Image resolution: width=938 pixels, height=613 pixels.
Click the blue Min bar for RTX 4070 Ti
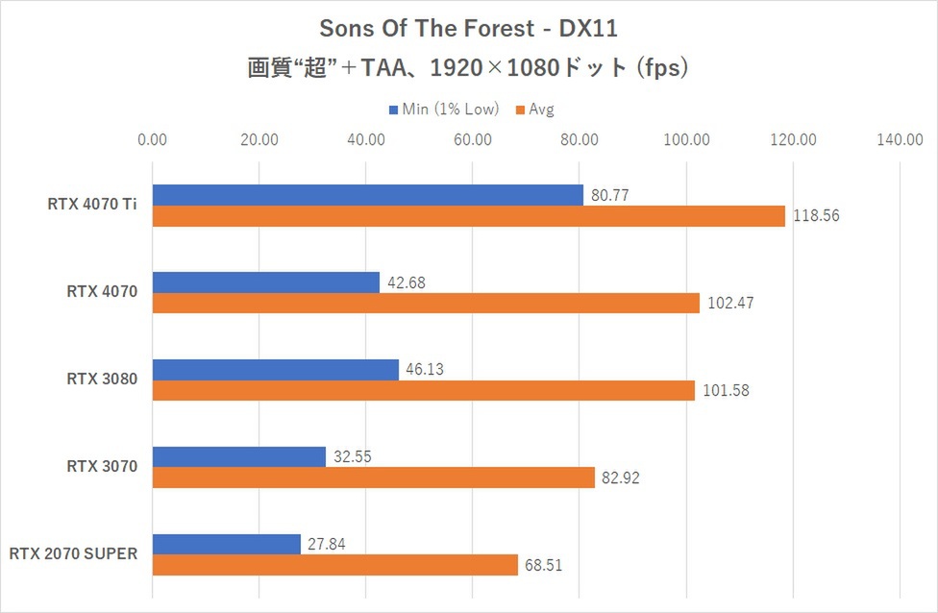click(367, 194)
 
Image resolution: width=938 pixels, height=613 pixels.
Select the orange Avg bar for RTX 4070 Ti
click(468, 216)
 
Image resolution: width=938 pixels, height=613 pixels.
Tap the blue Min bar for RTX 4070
click(265, 282)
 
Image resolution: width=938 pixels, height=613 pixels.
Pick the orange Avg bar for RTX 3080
click(423, 390)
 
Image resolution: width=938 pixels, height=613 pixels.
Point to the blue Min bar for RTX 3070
click(238, 457)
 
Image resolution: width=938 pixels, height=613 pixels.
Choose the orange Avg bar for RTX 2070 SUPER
click(334, 565)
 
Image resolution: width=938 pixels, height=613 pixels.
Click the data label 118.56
click(817, 216)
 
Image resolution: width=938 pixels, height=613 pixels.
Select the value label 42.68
click(407, 282)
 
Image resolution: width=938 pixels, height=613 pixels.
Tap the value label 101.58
click(726, 390)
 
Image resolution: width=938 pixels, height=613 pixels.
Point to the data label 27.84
click(328, 545)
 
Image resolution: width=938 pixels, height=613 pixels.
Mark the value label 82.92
click(622, 478)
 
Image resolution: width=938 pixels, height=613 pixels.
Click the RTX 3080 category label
click(102, 379)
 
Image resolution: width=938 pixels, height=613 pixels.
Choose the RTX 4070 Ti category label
click(92, 204)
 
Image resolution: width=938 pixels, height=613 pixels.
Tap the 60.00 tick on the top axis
click(473, 140)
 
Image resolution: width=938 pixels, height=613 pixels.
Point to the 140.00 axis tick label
click(900, 140)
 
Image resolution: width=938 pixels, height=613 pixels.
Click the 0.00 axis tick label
click(153, 140)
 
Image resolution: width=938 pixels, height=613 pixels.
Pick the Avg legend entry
click(536, 109)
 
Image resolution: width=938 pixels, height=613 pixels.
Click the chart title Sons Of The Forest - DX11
click(469, 30)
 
